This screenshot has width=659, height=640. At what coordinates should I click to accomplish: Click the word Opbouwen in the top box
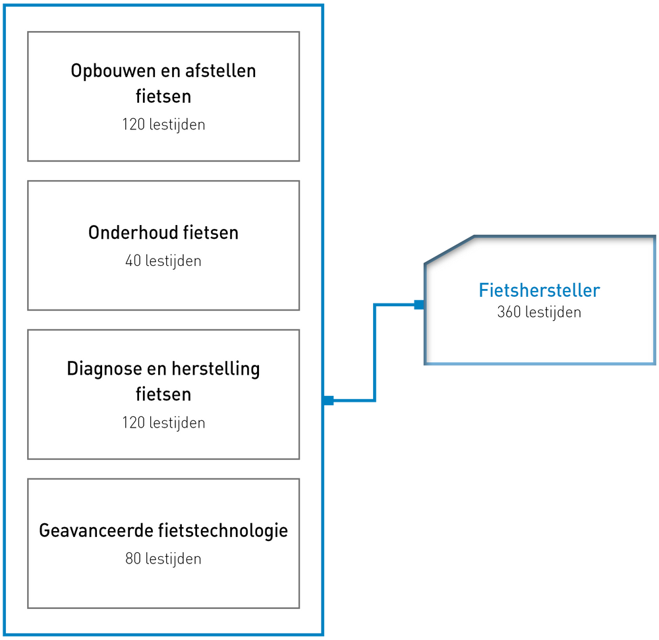pos(113,71)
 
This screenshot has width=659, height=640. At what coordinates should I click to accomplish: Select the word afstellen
pos(221,71)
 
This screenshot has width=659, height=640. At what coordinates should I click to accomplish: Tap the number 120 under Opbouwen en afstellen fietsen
pos(134,125)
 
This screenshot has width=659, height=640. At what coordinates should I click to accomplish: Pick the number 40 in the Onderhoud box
pos(133,261)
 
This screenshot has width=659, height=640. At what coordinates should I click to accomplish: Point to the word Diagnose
pos(104,369)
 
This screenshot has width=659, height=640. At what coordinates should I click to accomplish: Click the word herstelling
pos(216,369)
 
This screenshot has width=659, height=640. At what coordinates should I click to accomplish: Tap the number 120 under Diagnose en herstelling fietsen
pos(134,422)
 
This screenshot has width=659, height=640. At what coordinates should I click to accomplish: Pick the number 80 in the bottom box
pos(133,559)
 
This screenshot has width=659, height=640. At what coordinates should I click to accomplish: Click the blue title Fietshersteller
pos(539,290)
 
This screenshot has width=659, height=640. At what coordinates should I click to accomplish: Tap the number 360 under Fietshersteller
pos(509,312)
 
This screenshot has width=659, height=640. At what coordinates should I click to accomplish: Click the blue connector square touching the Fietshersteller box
pos(419,305)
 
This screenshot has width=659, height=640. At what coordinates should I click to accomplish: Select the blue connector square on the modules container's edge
pos(329,400)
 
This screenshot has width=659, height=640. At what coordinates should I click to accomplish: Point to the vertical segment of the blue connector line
pos(374,352)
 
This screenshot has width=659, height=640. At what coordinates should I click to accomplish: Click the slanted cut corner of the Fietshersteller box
pos(449,250)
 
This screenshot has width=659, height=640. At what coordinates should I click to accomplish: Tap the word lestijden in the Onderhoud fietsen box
pos(173,261)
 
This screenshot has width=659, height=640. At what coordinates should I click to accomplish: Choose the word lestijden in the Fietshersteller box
pos(553,313)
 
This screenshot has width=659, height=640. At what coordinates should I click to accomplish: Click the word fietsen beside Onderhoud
pos(211,232)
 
